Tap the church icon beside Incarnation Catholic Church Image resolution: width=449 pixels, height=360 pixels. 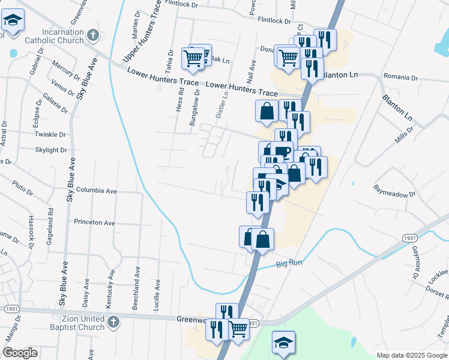point(92,35)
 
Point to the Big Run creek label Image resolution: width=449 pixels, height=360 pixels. point(287,263)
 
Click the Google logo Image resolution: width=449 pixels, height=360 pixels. point(20,353)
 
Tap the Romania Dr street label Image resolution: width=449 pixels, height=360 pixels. point(401,77)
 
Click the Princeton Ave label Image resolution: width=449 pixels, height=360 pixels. point(94,222)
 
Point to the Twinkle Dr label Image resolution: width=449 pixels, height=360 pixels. point(50,135)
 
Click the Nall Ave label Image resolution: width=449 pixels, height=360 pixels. point(252,73)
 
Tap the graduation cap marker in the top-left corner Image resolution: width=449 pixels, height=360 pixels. point(12,20)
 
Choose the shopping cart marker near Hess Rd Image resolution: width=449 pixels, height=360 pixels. point(194,58)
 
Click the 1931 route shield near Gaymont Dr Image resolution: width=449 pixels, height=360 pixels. point(408,238)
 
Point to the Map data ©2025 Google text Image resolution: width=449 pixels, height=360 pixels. point(411,355)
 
